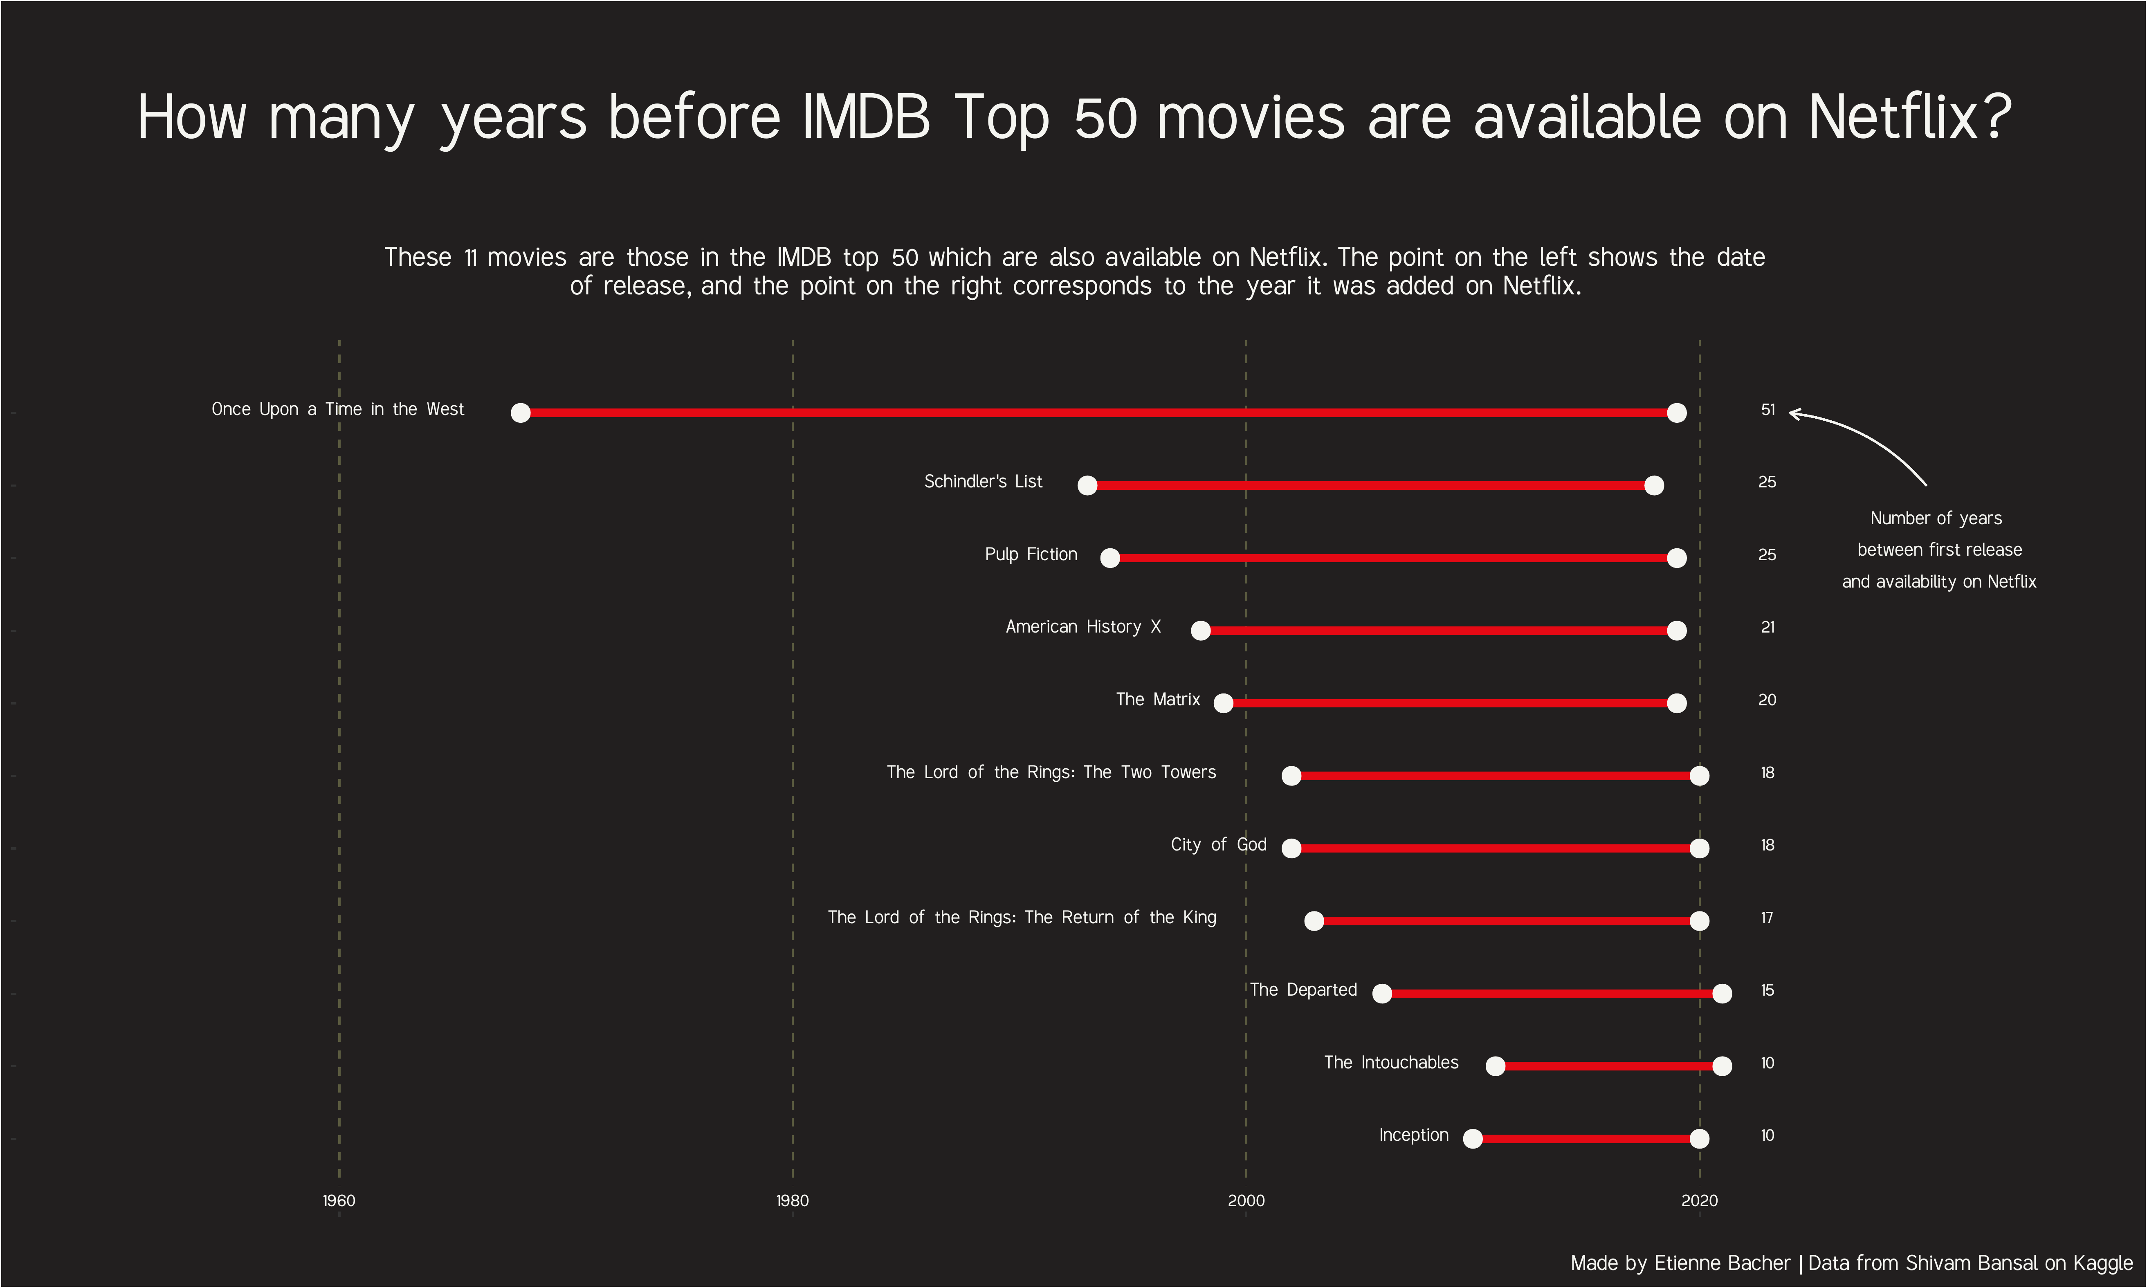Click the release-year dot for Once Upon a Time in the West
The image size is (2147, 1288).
pos(521,413)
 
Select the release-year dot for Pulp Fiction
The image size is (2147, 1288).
pos(1110,558)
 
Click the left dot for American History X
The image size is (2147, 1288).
pos(1201,631)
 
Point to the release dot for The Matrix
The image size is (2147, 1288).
pos(1224,703)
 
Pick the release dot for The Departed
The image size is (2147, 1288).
pos(1382,994)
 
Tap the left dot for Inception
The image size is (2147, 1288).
pos(1473,1139)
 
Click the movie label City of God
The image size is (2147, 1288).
pos(1218,844)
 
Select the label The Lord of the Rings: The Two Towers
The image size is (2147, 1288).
pos(1051,772)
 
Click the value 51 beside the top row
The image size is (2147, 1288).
pos(1768,410)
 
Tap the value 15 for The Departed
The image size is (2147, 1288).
pos(1768,990)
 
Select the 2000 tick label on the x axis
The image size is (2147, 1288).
pos(1246,1201)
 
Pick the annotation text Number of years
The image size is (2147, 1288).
pos(1936,518)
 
